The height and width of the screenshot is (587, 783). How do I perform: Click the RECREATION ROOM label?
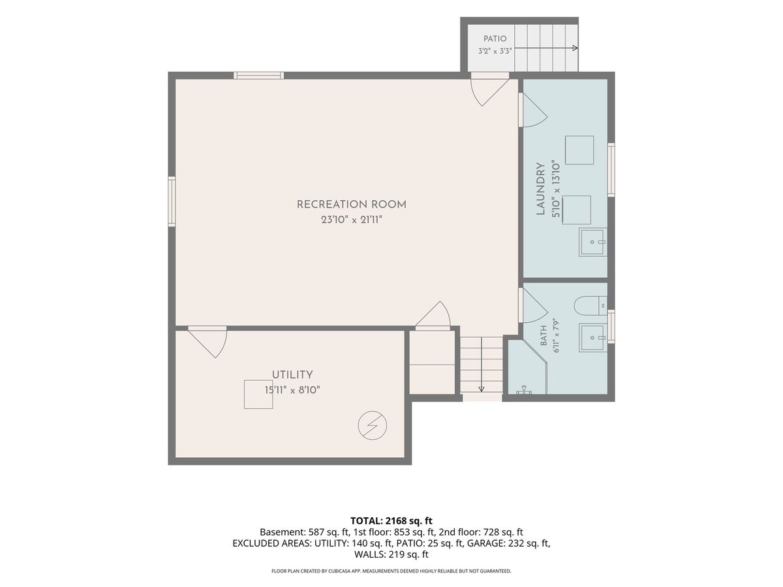[351, 205]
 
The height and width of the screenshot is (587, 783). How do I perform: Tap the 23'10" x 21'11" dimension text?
[351, 220]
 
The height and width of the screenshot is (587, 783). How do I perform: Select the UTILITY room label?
[292, 374]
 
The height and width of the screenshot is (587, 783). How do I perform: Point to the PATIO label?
[495, 38]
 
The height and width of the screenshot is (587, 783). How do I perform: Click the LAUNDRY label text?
[541, 189]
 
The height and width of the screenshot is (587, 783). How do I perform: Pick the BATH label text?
[544, 336]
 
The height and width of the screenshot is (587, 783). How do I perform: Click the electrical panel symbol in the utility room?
[373, 425]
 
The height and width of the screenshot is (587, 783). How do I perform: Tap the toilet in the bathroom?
[591, 306]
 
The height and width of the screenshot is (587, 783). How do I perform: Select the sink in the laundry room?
[593, 242]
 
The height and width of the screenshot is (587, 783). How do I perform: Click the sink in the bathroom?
[593, 337]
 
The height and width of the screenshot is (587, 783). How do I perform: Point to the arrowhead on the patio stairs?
[575, 48]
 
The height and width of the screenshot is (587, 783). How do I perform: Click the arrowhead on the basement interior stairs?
[481, 389]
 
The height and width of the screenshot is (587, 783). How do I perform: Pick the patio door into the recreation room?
[489, 90]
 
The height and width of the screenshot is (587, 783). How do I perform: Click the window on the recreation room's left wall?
[172, 202]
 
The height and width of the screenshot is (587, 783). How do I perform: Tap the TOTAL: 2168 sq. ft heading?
[391, 520]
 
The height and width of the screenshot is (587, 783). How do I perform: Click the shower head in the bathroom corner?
[524, 391]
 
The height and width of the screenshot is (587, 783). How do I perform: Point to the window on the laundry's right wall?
[611, 170]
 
